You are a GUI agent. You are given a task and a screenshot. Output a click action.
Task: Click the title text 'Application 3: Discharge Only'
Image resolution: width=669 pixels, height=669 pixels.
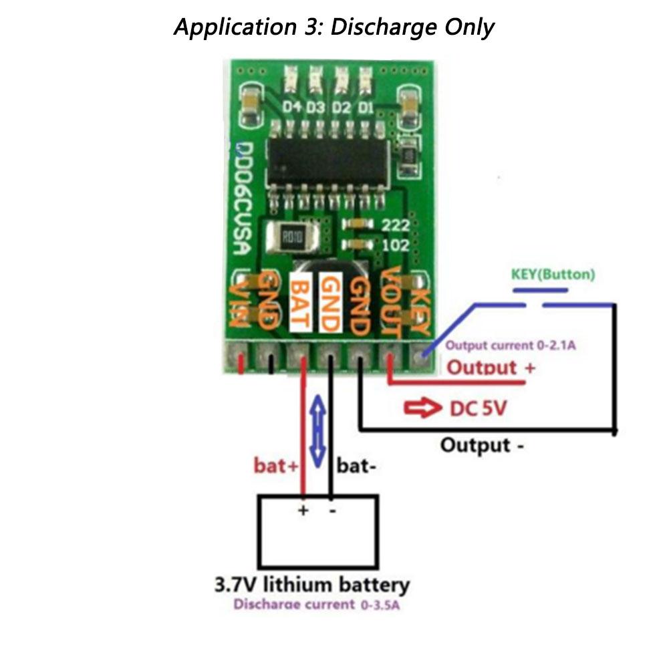[333, 27]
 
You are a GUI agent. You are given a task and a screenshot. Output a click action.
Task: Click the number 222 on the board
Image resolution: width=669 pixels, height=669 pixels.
[396, 225]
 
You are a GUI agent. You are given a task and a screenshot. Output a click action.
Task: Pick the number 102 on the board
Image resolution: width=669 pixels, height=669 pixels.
[396, 245]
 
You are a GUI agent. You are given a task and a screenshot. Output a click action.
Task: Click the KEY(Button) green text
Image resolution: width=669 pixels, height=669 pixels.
[553, 274]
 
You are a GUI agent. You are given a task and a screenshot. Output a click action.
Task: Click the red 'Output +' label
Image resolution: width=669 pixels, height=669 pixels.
[491, 367]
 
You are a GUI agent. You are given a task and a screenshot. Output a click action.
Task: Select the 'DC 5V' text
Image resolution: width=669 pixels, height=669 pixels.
[477, 409]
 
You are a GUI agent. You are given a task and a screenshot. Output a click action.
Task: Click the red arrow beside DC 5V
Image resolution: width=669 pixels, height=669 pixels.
[422, 409]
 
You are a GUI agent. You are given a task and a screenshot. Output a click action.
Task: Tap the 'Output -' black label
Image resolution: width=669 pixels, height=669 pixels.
[481, 445]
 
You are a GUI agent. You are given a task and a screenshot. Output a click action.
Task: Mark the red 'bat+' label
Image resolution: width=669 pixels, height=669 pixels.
[275, 466]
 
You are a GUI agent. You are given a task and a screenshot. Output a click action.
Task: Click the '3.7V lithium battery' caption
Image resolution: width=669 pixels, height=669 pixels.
[311, 585]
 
